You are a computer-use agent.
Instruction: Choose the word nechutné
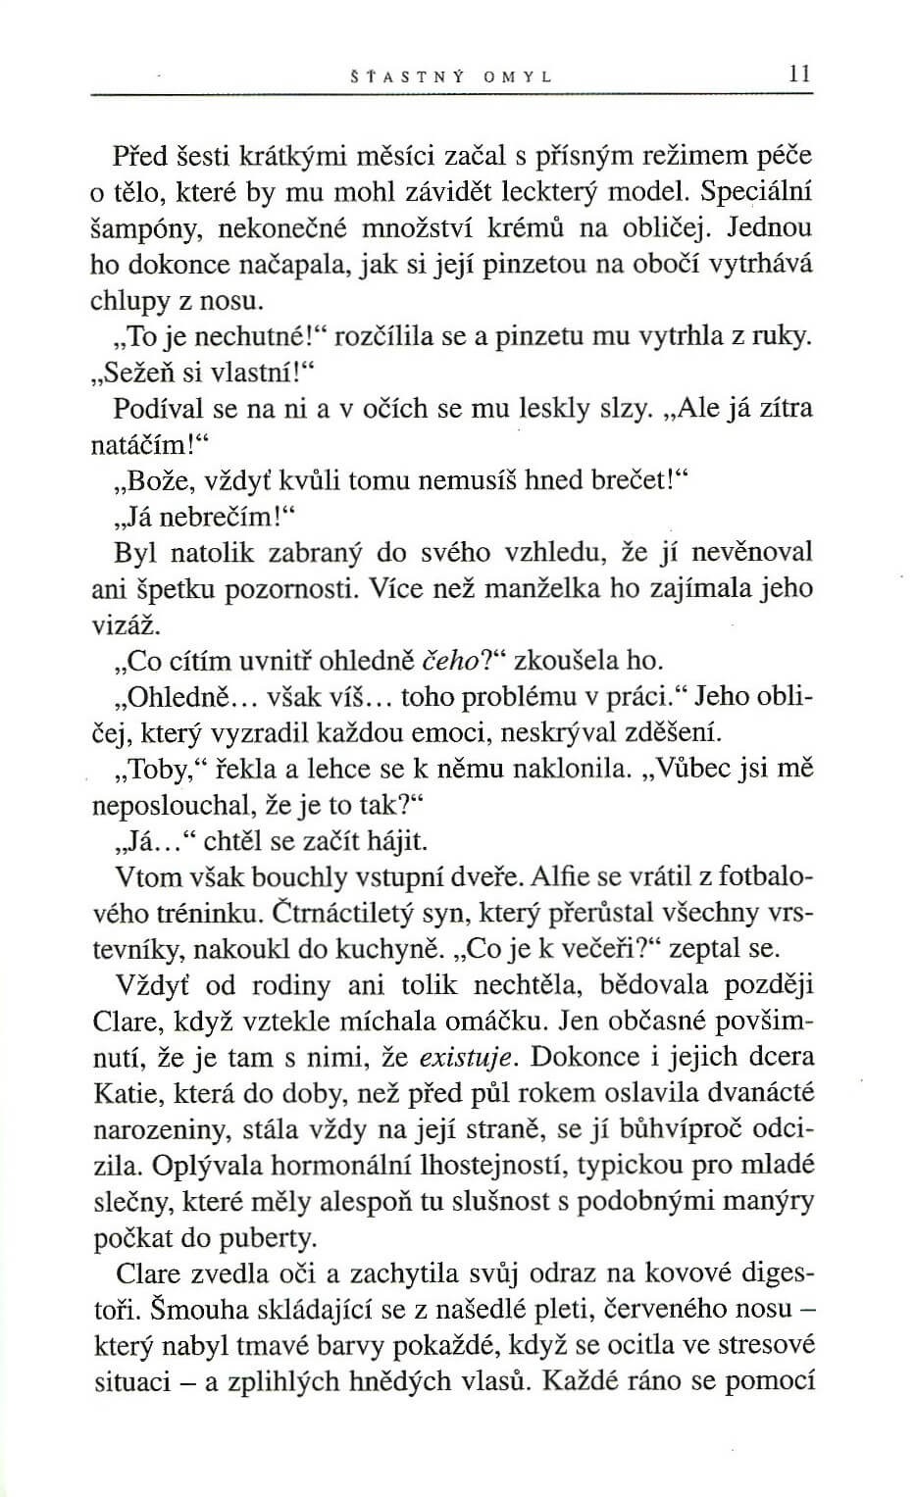(242, 337)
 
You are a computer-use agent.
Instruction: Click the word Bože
(150, 480)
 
